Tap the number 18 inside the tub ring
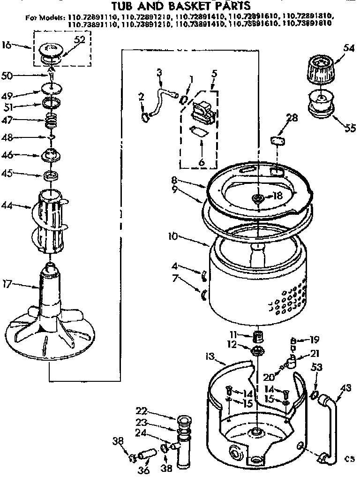point(278,196)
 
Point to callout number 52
point(80,40)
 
